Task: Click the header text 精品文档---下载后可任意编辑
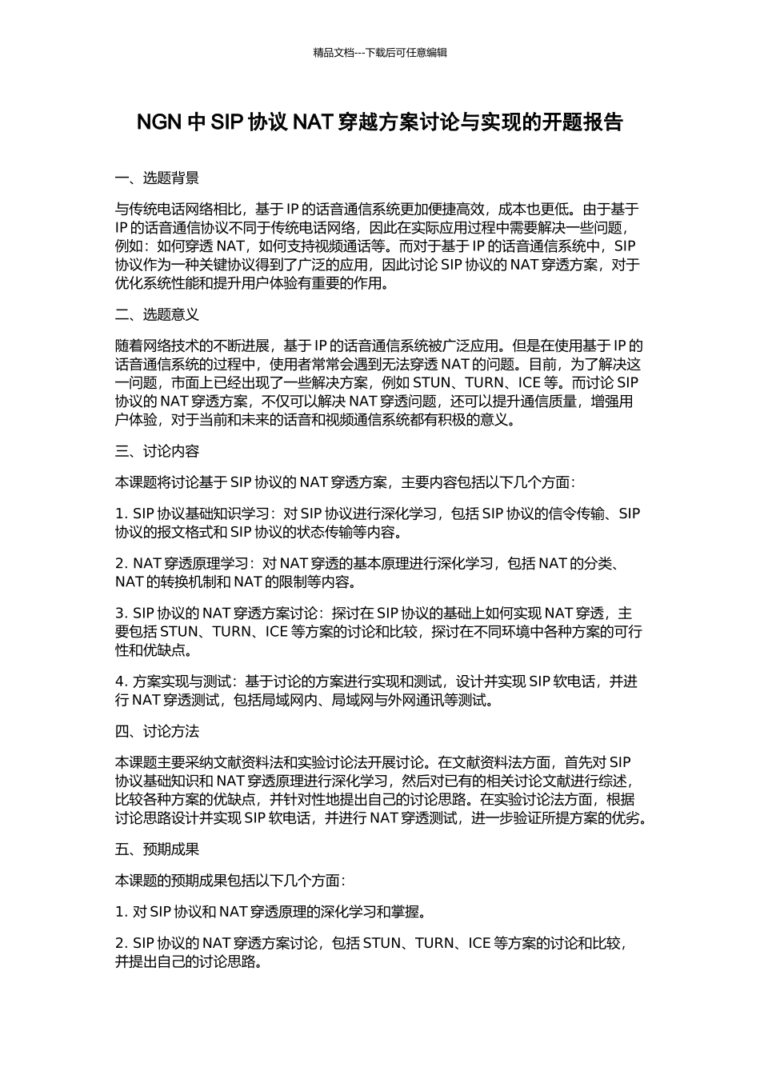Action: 380,53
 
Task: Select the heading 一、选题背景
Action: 158,178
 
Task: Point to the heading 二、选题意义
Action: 158,314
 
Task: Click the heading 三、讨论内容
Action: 158,451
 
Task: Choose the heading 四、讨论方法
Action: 158,731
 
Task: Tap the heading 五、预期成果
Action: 158,849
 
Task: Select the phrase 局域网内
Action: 275,700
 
